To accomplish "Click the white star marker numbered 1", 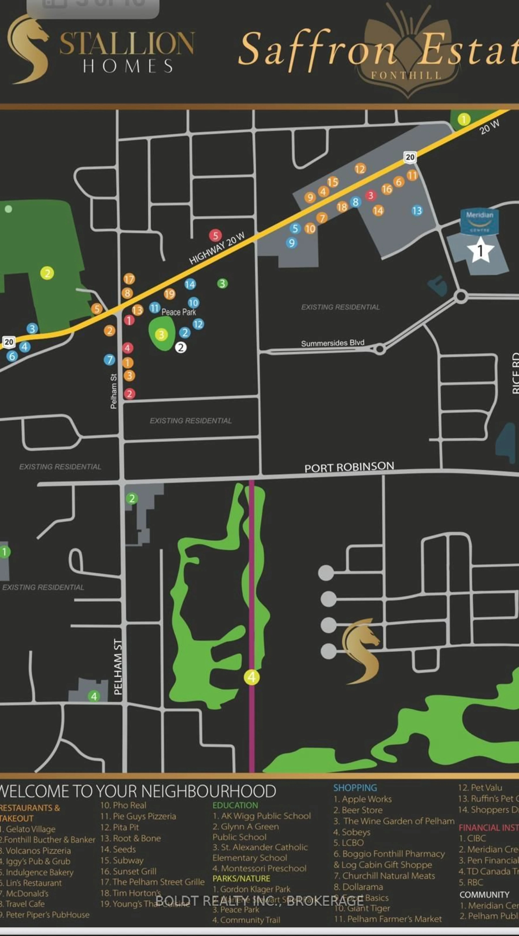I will [480, 250].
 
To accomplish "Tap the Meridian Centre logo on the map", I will [479, 221].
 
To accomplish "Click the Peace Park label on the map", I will [179, 312].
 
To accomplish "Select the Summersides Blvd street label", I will [332, 343].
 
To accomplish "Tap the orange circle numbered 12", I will [360, 169].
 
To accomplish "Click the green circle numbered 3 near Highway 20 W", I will [222, 283].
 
